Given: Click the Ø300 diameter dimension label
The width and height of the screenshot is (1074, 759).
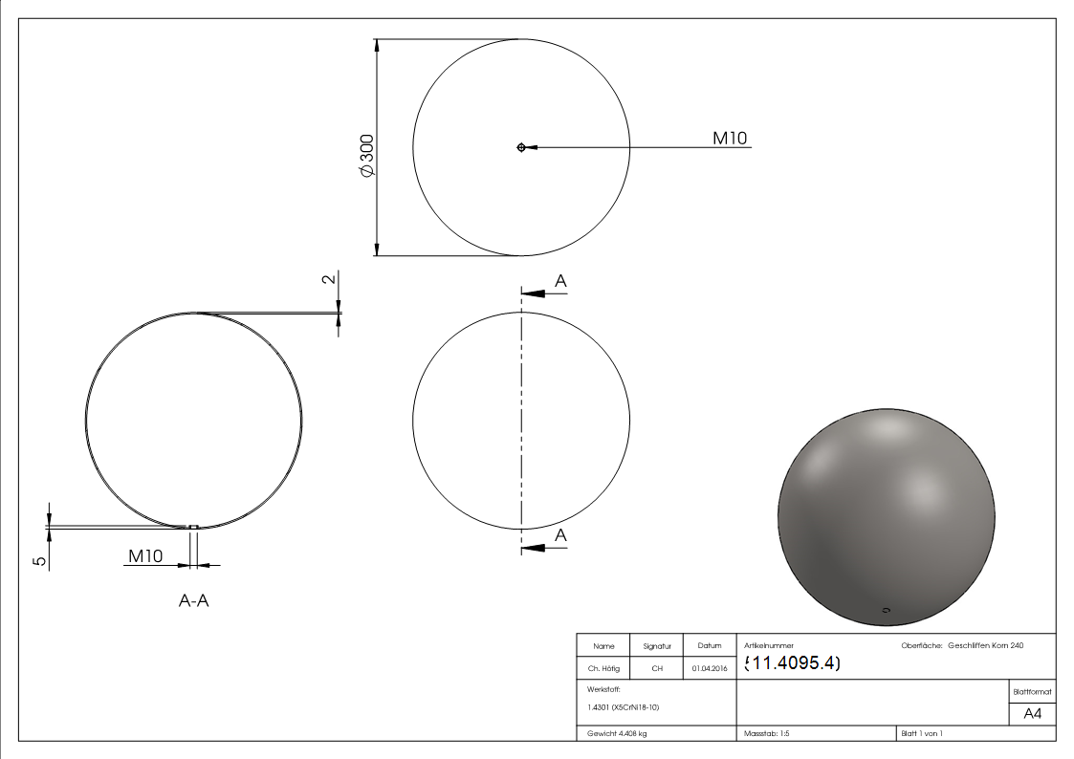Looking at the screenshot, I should click(x=366, y=154).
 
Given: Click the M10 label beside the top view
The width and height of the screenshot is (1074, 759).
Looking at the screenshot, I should click(x=731, y=139).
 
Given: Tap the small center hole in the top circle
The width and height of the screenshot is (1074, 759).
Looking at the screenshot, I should click(x=520, y=147).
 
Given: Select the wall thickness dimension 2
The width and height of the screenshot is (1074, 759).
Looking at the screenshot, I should click(x=328, y=280).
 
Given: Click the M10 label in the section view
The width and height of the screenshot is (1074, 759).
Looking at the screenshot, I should click(x=145, y=555).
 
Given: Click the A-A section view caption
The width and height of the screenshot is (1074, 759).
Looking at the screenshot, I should click(x=194, y=600).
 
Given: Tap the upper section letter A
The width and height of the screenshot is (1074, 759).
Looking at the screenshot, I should click(x=560, y=281).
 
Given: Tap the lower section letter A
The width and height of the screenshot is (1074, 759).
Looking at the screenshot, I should click(x=560, y=535).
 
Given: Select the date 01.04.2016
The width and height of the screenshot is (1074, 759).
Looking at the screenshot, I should click(x=709, y=669).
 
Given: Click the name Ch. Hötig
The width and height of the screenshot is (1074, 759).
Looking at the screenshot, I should click(x=604, y=669).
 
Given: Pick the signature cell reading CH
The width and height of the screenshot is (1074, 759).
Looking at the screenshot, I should click(x=657, y=669).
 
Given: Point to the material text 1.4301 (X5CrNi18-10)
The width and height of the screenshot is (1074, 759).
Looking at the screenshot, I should click(x=624, y=707).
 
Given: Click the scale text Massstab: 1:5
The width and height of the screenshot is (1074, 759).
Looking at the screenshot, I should click(x=766, y=733).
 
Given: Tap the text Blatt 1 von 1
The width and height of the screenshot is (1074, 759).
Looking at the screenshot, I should click(x=921, y=733).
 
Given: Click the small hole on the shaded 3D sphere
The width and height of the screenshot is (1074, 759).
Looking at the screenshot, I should click(x=886, y=609).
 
